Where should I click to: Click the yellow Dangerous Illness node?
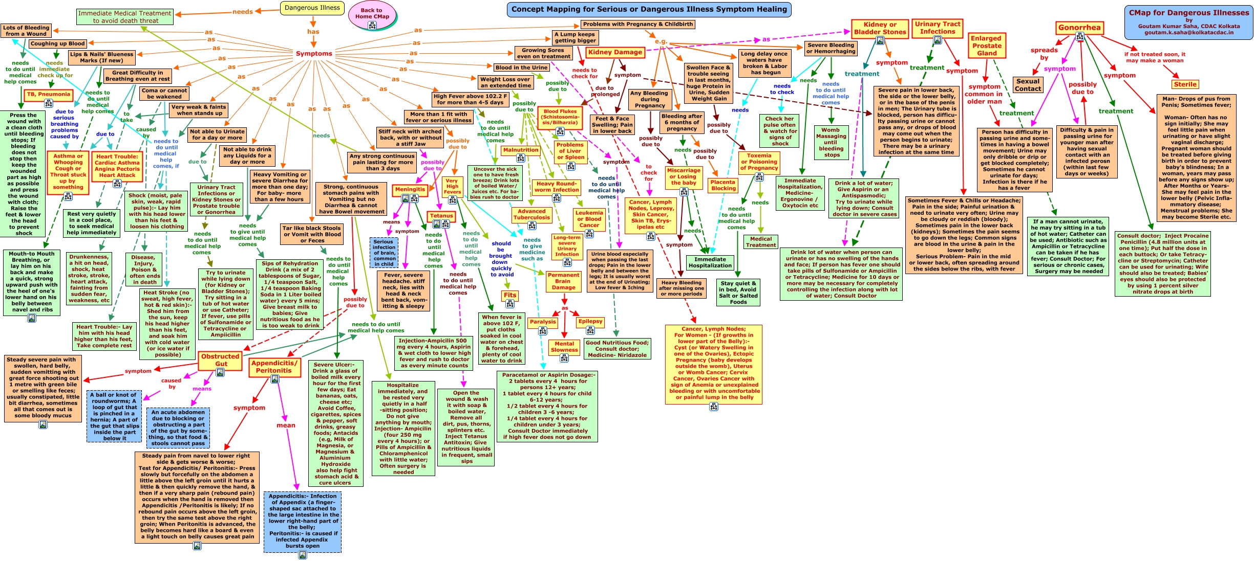[312, 8]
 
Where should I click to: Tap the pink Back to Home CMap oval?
[372, 14]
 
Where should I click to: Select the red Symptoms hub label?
[314, 54]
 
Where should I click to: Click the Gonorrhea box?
[1079, 28]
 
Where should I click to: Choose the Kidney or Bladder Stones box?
[880, 28]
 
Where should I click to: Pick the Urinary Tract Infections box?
[938, 28]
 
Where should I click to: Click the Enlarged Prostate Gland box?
[986, 46]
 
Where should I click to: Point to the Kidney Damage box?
[615, 52]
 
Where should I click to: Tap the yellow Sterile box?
[1185, 84]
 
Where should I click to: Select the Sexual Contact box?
[1028, 85]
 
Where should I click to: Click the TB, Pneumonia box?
[48, 94]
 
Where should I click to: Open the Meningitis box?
[410, 189]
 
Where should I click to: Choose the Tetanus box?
[441, 216]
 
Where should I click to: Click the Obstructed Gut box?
[220, 360]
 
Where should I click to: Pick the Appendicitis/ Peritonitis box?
[274, 367]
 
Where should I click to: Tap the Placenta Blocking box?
[723, 185]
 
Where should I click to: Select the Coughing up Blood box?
[57, 44]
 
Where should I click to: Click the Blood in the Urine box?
[521, 68]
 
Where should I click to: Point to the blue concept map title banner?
[649, 9]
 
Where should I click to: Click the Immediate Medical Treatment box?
[125, 17]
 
